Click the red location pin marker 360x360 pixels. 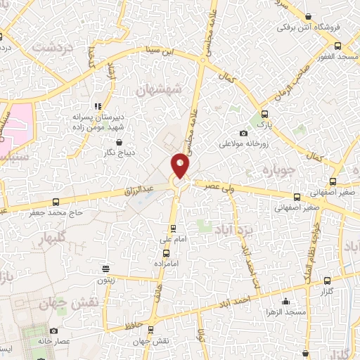click(x=180, y=166)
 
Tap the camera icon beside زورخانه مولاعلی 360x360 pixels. click(x=243, y=133)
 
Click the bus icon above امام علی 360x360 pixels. click(x=174, y=229)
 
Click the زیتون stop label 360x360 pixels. click(x=107, y=280)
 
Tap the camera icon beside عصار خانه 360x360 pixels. click(x=54, y=331)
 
